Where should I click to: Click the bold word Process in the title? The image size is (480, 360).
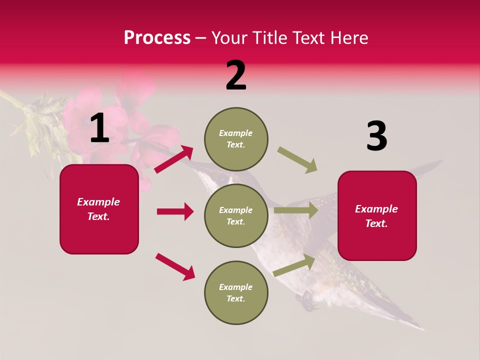(x=157, y=38)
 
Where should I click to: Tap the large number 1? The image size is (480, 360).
(x=99, y=128)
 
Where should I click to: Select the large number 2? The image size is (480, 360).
(x=236, y=75)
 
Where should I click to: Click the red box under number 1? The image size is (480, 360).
(x=99, y=209)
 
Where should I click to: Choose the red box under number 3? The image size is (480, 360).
(x=377, y=215)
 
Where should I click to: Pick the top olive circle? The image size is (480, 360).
(x=236, y=139)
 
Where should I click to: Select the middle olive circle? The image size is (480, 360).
(x=236, y=215)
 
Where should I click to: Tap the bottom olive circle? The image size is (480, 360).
(x=236, y=292)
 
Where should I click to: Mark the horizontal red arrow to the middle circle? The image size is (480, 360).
(x=175, y=211)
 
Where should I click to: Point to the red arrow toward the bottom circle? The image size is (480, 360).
(x=175, y=266)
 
